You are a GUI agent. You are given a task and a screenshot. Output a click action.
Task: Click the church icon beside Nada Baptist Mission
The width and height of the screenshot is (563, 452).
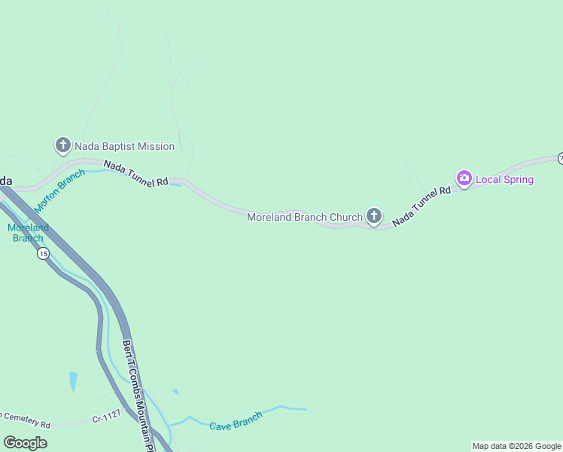pos(63,145)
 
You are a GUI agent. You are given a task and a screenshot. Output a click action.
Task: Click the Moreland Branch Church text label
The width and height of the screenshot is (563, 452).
pos(305,218)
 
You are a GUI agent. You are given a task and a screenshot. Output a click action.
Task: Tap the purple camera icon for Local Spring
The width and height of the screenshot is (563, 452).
pos(464,179)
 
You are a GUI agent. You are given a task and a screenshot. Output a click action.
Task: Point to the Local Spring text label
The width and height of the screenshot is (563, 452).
pos(504,180)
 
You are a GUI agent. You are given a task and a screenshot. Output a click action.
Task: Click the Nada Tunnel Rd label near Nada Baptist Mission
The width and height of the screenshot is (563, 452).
pos(135,173)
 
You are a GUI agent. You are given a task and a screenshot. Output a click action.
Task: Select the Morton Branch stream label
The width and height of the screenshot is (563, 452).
pos(59,185)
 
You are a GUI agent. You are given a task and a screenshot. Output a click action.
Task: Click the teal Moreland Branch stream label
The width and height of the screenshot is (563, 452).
pos(28,233)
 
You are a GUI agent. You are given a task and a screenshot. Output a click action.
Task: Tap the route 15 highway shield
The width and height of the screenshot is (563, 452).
pos(43,254)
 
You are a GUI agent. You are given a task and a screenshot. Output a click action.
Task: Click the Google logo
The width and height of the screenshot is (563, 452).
pos(25,443)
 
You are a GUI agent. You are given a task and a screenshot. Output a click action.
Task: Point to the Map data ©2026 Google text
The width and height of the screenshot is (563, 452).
pos(516,446)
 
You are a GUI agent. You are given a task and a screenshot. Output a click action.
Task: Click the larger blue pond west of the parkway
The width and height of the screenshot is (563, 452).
pos(73,382)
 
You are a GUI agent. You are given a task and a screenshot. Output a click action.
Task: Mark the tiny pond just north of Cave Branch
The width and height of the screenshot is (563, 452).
pos(175,392)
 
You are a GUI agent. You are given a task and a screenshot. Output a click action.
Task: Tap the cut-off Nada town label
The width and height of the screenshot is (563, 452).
pos(6,181)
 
